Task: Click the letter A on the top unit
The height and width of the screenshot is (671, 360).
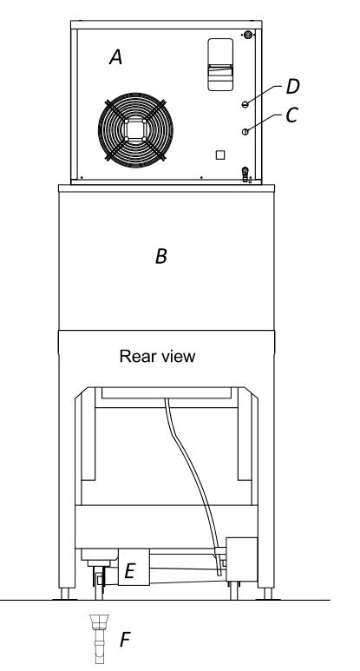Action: click(x=115, y=57)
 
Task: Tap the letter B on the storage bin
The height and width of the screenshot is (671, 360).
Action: click(x=161, y=256)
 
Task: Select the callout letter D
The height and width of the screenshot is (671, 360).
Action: click(x=292, y=87)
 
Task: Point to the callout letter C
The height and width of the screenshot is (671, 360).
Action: click(x=291, y=115)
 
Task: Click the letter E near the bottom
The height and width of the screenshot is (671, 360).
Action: click(x=129, y=571)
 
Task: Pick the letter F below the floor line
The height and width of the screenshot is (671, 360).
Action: click(x=125, y=640)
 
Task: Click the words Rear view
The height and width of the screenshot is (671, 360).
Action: click(x=157, y=356)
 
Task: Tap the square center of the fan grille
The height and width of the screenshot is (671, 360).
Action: click(x=135, y=129)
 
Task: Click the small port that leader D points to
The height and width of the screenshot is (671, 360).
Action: click(x=245, y=104)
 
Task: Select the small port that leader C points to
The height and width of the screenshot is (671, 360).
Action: click(x=245, y=132)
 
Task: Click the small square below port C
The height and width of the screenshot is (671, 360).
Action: click(x=220, y=155)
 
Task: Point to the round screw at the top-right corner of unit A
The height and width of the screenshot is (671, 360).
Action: click(x=247, y=35)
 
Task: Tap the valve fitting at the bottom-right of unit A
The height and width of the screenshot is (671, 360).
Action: click(x=245, y=174)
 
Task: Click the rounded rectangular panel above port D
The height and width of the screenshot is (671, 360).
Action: click(x=220, y=64)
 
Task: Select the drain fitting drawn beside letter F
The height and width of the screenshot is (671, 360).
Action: click(x=99, y=639)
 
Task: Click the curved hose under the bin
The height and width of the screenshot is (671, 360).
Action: click(x=195, y=470)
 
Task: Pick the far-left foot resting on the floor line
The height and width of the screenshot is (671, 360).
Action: click(x=65, y=594)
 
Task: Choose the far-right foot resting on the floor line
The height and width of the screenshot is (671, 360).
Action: click(x=268, y=594)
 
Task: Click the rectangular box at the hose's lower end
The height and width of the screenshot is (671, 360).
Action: click(x=241, y=559)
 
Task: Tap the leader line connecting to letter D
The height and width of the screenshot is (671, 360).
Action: click(x=265, y=93)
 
